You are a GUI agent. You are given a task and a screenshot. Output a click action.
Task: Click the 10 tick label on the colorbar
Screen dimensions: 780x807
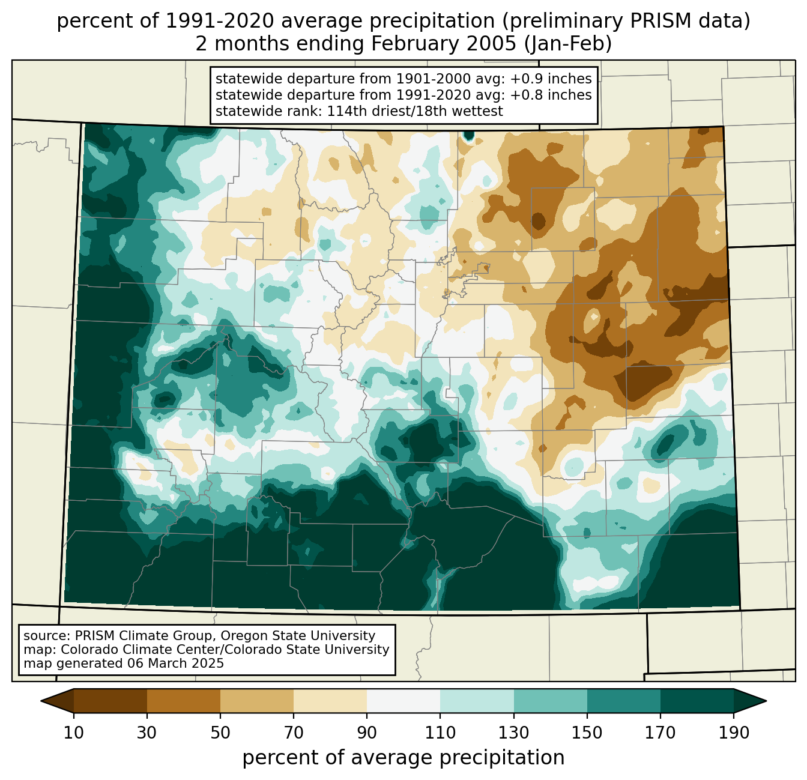74,733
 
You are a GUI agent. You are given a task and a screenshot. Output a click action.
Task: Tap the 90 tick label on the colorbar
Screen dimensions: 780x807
367,733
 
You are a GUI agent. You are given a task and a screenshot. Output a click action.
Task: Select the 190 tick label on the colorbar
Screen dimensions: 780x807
734,733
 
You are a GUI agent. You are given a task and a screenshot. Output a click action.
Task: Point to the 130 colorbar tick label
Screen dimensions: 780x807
514,733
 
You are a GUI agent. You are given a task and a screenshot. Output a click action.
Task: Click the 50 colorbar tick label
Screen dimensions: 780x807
220,733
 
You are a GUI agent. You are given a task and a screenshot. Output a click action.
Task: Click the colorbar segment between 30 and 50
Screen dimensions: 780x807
184,701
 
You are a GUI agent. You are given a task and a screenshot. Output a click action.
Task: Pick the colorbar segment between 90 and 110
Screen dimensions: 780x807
403,701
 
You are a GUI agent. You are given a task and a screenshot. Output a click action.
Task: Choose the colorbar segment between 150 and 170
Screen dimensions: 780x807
624,701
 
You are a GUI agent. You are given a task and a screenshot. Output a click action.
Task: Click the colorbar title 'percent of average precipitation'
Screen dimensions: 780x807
403,758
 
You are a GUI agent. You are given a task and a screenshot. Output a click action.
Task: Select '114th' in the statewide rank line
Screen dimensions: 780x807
343,111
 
